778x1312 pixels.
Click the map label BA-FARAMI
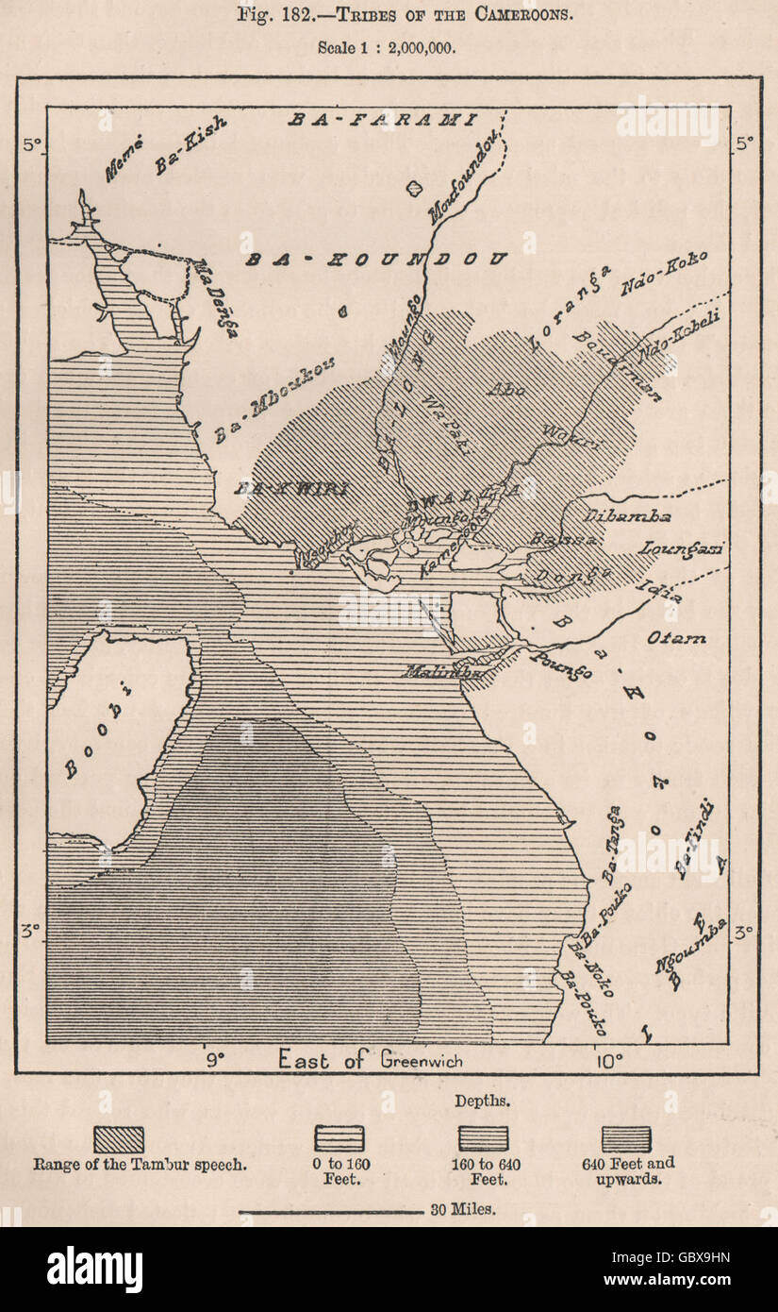click(383, 120)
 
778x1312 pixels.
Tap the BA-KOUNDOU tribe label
click(377, 259)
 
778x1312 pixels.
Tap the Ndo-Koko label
click(664, 274)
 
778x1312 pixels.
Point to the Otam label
click(675, 639)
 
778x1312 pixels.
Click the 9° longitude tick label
click(215, 1060)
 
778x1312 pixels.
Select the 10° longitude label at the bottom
click(609, 1060)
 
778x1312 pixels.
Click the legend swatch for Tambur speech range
click(118, 1138)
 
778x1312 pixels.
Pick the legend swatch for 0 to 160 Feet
click(339, 1138)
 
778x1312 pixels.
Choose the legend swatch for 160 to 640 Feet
click(483, 1138)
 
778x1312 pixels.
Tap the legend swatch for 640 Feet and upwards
click(626, 1138)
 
